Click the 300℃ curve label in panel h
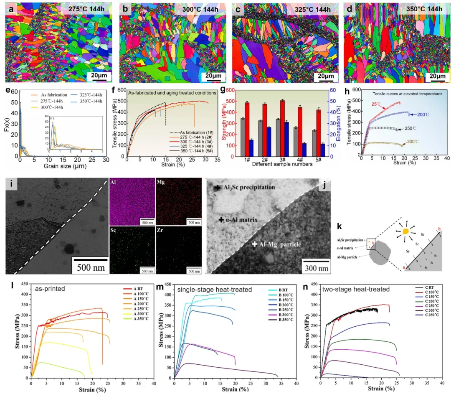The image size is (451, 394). (413, 142)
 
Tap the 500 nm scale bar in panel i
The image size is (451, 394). (89, 266)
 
